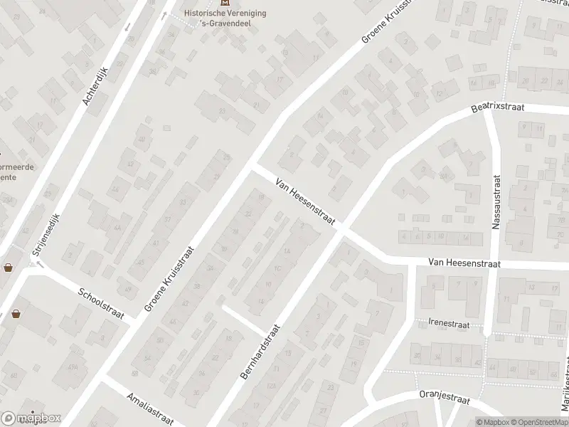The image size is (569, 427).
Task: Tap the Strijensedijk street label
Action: (x=46, y=235)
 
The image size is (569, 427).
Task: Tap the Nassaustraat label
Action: (x=496, y=203)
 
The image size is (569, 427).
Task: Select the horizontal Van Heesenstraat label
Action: (x=464, y=263)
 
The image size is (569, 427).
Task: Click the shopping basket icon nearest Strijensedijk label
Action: (x=9, y=268)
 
